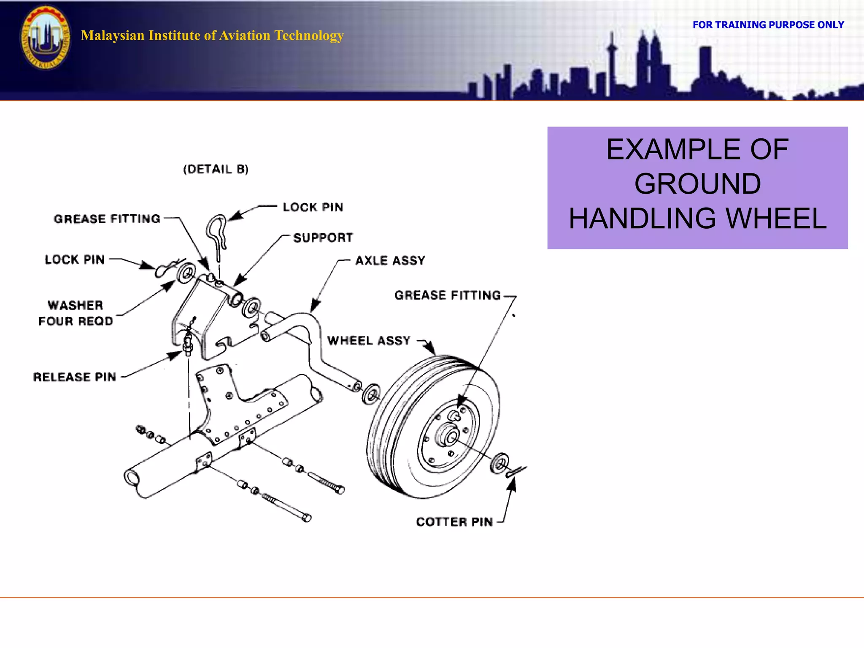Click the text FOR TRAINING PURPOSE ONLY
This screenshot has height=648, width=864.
pos(768,25)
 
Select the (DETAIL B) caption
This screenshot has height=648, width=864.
pos(216,169)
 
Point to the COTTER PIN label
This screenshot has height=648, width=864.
pos(454,522)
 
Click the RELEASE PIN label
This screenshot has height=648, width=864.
pos(75,377)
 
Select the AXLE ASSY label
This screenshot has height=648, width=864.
pos(390,261)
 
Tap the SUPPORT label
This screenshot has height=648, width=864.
pos(323,238)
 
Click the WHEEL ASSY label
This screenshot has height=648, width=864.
pos(369,341)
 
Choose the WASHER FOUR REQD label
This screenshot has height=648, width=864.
pos(76,313)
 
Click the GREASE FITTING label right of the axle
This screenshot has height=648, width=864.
pos(448,295)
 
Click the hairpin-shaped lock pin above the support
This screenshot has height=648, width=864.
pos(217,234)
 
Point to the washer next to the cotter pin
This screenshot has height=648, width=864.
pos(500,464)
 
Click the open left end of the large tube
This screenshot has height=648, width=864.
pos(132,478)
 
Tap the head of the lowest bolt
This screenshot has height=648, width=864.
pos(307,517)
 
